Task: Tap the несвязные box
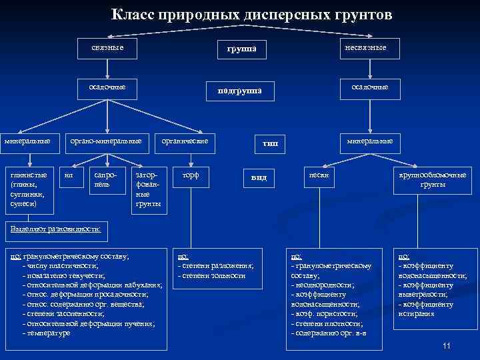click(365, 47)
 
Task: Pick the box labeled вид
click(259, 178)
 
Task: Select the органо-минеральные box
click(111, 141)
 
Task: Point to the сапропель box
click(105, 178)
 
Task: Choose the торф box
click(190, 175)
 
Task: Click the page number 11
click(446, 345)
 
